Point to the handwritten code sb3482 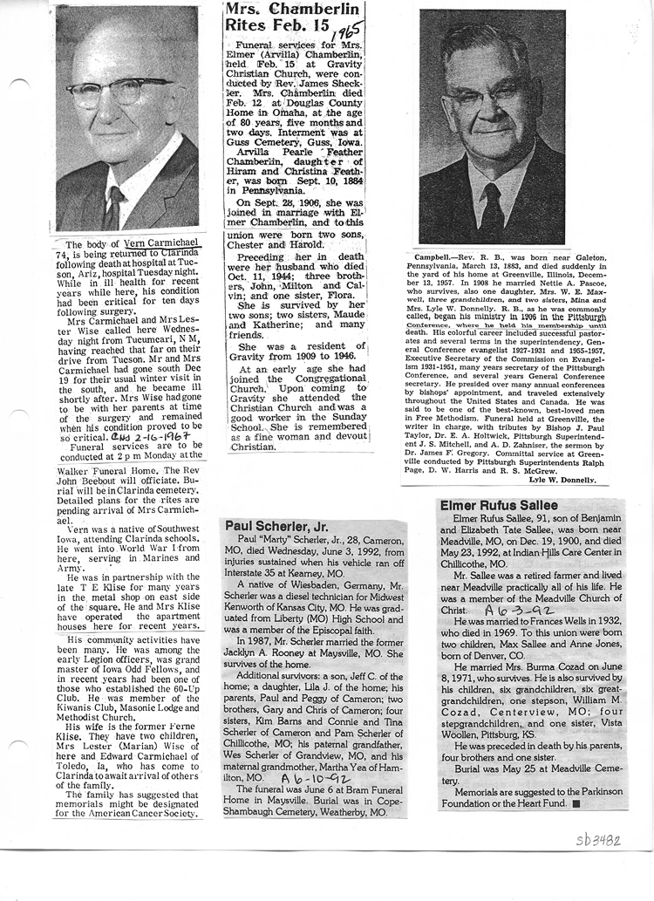pyautogui.click(x=598, y=841)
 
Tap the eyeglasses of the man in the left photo pyautogui.click(x=113, y=90)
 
